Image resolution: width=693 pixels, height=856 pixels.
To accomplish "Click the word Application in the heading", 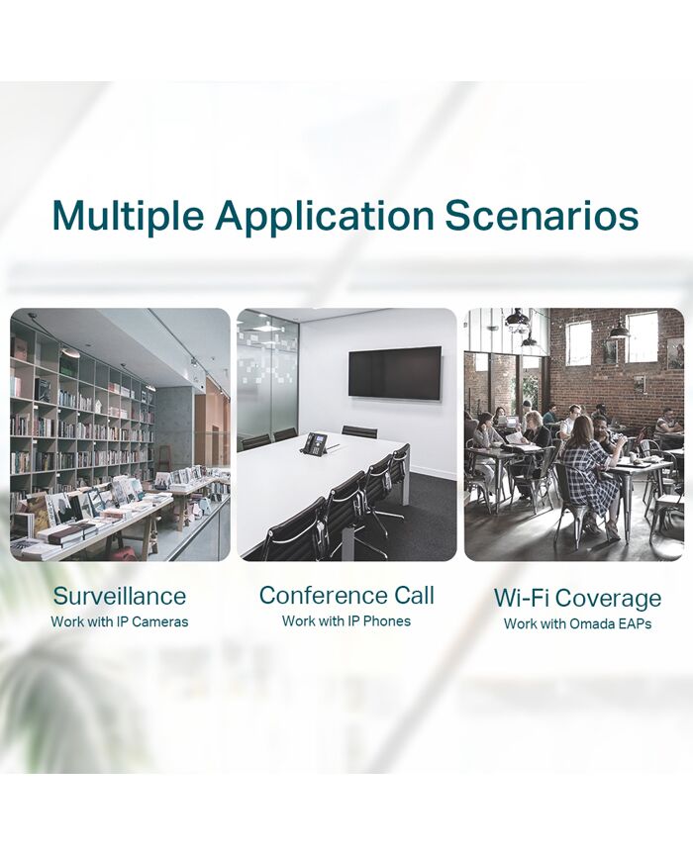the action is [x=325, y=217].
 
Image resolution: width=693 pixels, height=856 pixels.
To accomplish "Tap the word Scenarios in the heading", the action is [x=542, y=215].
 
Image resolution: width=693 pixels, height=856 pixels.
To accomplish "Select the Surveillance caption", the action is [x=120, y=596].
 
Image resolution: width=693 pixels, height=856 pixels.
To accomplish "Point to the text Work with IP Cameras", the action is [x=120, y=621].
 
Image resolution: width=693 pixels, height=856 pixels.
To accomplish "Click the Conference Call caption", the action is [x=346, y=595].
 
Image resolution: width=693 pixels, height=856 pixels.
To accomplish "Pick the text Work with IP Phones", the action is [x=346, y=620].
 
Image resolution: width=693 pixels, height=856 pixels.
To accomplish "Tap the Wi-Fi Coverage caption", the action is [x=577, y=599].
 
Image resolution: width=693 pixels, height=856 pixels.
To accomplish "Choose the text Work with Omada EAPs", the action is [x=577, y=623].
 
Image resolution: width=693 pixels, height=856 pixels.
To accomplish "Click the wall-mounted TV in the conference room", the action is [x=395, y=373].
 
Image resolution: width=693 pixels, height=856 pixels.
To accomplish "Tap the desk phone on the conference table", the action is [x=315, y=442].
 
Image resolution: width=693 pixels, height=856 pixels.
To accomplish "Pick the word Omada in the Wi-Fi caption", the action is [x=589, y=623].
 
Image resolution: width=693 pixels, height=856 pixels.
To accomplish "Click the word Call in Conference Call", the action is [x=414, y=595].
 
